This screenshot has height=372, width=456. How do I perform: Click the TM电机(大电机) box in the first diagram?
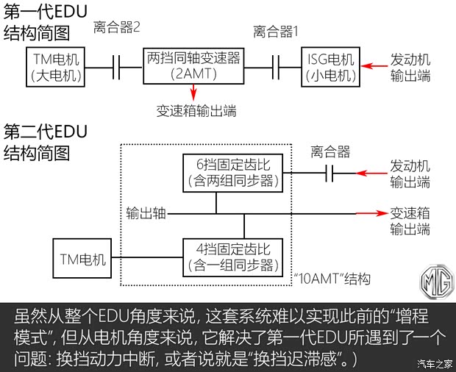point(57,67)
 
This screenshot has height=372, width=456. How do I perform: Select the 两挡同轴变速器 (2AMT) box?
point(195,67)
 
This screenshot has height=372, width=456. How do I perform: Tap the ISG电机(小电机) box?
point(332,67)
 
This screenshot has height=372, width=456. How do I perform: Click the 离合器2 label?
point(117,28)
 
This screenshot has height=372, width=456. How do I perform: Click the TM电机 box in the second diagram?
point(81,259)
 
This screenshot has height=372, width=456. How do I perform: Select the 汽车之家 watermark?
point(434,363)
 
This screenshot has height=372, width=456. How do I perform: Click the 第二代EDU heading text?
point(46,132)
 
